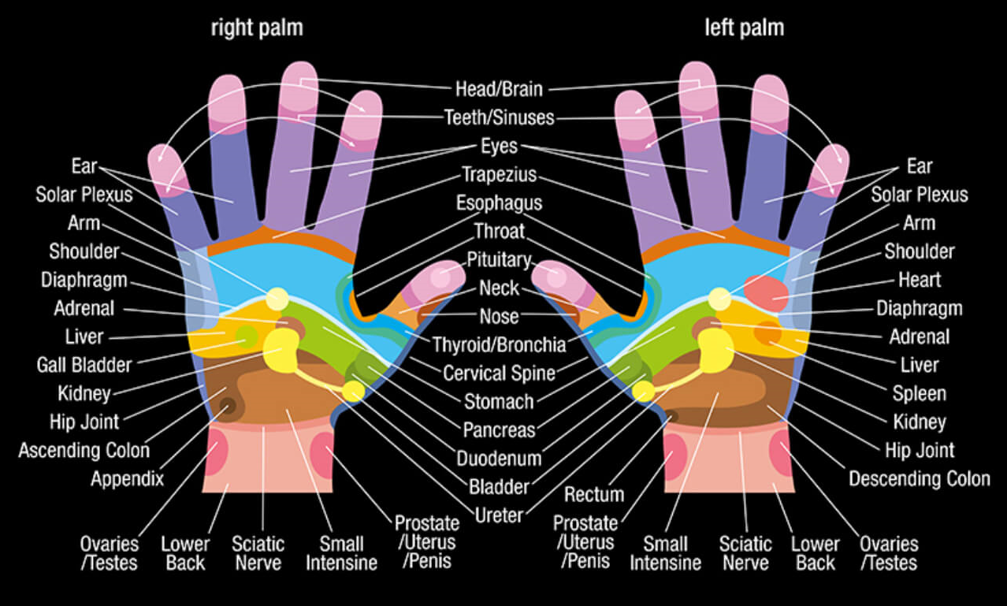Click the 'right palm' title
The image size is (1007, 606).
coord(256,28)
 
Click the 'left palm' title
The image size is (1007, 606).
coord(744,28)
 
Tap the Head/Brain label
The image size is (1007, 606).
coord(499,89)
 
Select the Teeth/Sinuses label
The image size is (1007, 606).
coord(500,117)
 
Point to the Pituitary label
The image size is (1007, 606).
coord(499,259)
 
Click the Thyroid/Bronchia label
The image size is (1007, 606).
coord(499,344)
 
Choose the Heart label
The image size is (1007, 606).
coord(920,280)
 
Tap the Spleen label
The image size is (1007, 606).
coord(919,393)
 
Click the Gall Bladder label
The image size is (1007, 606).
coord(84,364)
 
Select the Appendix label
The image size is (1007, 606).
coord(127,478)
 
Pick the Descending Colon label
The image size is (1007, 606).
coord(919,478)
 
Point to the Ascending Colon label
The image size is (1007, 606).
coord(84,450)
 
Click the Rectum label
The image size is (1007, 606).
coord(594,495)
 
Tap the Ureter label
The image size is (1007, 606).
coord(499,515)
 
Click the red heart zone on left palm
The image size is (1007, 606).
coord(765,292)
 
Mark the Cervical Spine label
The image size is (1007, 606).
coord(499,373)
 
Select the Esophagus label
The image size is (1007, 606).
coord(499,203)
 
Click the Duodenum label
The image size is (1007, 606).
coord(499,458)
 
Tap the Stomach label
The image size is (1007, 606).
coord(499,401)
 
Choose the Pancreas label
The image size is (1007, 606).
coord(499,430)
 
